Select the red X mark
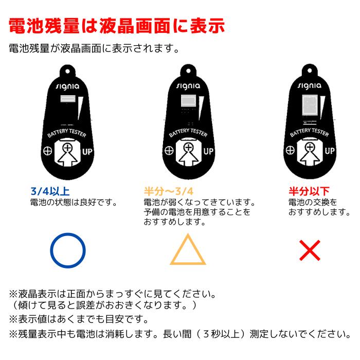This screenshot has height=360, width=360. coord(310,250)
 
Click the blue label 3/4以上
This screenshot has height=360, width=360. coord(50,191)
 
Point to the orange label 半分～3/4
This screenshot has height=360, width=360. coord(169,191)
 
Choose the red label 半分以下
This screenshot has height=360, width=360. coord(309,191)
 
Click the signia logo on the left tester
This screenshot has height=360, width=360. coord(67,86)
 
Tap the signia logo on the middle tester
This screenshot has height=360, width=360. coord(188,86)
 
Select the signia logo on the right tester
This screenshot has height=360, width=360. coord(310,86)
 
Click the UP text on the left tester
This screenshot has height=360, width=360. coord(87,152)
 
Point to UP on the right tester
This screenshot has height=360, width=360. coord(330,151)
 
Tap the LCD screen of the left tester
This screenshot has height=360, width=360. coord(68,99)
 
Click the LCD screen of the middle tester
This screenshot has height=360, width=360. coord(189,101)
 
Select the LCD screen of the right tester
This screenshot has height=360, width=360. coord(310,105)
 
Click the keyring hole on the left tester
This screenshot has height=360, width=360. coord(67,71)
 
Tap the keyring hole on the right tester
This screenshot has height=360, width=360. coord(310,70)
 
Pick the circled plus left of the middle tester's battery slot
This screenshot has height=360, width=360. coord(169,151)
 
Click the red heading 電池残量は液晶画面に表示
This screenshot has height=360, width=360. coord(117,26)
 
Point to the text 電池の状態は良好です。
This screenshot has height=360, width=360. coord(74,203)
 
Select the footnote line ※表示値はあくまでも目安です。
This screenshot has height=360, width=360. coord(79,319)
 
